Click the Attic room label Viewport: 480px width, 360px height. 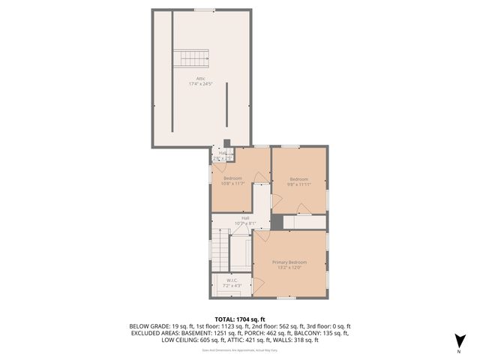pyautogui.click(x=201, y=78)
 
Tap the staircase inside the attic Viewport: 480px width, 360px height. pyautogui.click(x=190, y=58)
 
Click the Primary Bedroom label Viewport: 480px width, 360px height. pyautogui.click(x=289, y=262)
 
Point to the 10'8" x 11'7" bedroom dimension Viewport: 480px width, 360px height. pyautogui.click(x=234, y=183)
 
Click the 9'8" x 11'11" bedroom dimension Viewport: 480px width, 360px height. pyautogui.click(x=299, y=183)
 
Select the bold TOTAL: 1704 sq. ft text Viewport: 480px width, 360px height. pyautogui.click(x=240, y=319)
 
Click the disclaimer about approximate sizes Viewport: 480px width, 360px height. pyautogui.click(x=240, y=349)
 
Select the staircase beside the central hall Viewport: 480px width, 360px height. pyautogui.click(x=220, y=251)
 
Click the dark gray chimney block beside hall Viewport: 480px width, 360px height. pyautogui.click(x=277, y=222)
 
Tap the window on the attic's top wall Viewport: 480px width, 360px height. pyautogui.click(x=203, y=10)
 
